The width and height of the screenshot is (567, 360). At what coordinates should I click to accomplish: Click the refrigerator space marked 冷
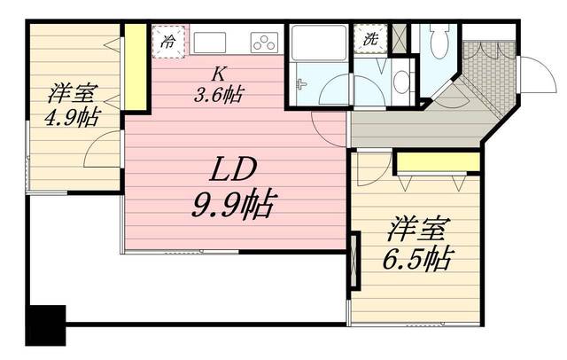168,42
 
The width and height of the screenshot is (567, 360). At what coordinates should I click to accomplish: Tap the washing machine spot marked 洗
370,39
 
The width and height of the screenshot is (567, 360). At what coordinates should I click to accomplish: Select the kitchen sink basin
210,43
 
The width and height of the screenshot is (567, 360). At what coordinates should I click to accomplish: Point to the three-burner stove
264,43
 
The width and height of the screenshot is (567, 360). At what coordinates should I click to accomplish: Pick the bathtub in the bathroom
319,42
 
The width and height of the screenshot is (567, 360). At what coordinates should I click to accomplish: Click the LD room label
233,169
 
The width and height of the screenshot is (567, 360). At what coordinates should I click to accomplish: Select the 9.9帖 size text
234,205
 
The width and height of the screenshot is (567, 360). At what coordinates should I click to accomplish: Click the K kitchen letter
218,74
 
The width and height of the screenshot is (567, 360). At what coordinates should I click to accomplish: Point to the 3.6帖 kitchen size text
218,95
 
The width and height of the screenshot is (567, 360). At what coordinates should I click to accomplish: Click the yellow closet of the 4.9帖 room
136,67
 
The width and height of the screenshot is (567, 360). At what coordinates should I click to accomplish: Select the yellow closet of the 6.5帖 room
438,161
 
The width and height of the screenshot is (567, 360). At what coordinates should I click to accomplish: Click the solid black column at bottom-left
46,325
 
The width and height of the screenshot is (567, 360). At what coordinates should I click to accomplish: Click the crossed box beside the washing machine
400,38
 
